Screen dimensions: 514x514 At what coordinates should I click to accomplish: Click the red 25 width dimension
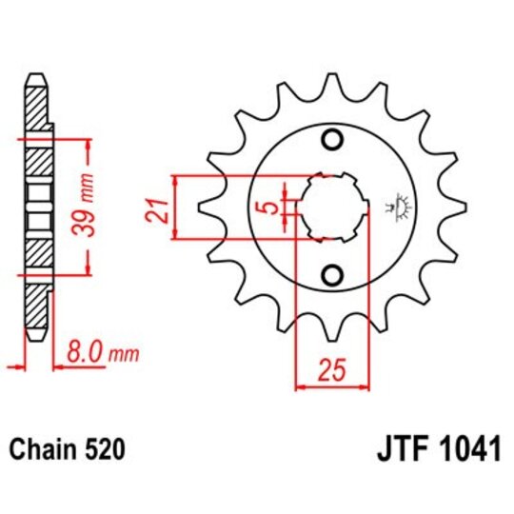click(332, 368)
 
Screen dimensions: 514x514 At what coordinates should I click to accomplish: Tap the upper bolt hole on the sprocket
click(332, 140)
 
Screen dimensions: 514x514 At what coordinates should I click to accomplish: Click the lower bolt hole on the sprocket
click(332, 276)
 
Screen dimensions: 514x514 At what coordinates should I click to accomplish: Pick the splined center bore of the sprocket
click(332, 208)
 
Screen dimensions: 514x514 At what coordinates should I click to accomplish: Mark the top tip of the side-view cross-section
click(35, 76)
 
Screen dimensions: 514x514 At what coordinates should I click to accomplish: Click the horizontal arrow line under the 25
click(332, 386)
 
